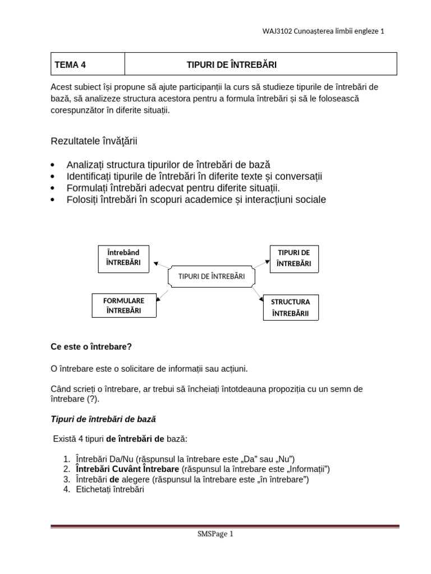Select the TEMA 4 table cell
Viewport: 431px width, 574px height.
[88, 64]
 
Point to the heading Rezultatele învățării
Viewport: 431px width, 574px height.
[94, 141]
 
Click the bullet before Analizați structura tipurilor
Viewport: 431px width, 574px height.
[53, 165]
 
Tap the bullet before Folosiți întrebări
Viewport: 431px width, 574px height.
[53, 200]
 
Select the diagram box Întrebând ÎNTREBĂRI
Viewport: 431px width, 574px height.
[123, 258]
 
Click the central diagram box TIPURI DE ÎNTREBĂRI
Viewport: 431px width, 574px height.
[212, 276]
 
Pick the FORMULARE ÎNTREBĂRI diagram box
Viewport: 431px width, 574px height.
[123, 305]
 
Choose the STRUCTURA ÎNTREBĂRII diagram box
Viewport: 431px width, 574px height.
[290, 308]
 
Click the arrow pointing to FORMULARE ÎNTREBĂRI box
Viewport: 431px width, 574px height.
[163, 295]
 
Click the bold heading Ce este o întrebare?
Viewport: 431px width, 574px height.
[91, 346]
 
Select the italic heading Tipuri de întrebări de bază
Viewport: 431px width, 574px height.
[103, 419]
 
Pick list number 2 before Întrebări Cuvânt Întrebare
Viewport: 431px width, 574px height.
[66, 469]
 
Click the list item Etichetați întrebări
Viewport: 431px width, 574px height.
[110, 489]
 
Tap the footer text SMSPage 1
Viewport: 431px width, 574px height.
[215, 534]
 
